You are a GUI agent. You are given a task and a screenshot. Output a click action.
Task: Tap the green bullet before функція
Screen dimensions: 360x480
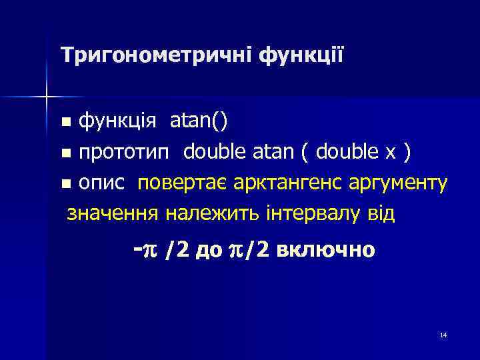(x=66, y=123)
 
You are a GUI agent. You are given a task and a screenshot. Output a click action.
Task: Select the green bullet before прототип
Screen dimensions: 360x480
(x=66, y=154)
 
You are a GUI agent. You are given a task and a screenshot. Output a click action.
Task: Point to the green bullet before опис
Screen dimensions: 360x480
(x=66, y=185)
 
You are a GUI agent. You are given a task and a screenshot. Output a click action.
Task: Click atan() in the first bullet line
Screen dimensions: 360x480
(x=199, y=122)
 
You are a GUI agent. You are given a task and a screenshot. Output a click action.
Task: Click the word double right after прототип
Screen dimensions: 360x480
(x=215, y=153)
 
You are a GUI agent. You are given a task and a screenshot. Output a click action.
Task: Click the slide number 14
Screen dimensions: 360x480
(x=443, y=335)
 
